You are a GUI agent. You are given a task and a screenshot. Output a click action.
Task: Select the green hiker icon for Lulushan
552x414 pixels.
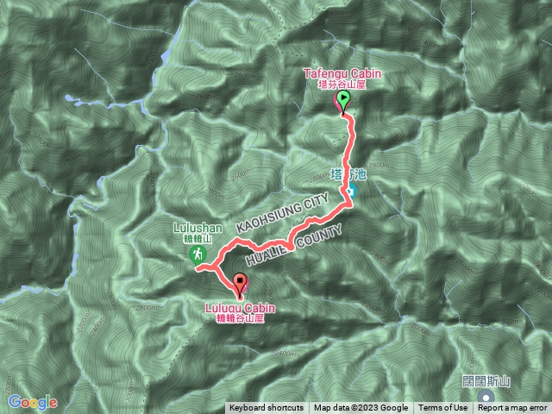198,254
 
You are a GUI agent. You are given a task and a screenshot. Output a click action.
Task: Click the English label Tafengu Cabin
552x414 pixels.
342,75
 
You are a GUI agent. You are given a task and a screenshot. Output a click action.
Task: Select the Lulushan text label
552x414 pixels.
198,229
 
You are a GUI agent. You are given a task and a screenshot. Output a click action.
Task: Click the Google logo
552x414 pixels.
32,402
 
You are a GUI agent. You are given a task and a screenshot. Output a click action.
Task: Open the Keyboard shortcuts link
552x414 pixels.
266,408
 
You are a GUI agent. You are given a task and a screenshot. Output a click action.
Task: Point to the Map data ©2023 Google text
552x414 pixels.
361,408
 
